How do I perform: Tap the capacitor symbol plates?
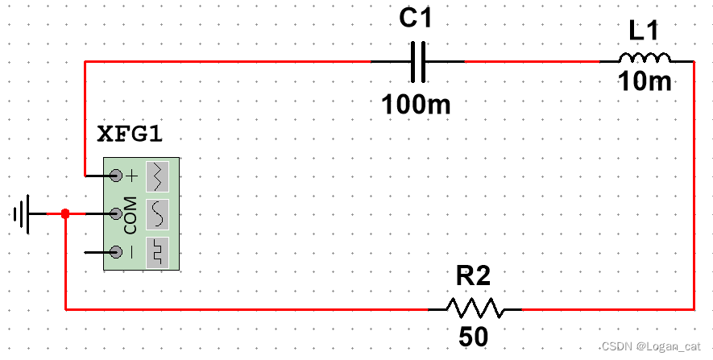417,62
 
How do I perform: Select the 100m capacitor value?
416,104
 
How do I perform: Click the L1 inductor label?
644,31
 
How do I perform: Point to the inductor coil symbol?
645,58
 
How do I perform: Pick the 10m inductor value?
644,82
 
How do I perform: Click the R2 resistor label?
473,277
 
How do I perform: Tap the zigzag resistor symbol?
475,308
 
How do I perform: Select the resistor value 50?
474,337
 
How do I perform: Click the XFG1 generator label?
130,134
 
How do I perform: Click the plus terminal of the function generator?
116,175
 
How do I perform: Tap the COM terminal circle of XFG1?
116,213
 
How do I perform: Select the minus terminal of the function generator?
116,252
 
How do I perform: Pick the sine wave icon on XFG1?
159,213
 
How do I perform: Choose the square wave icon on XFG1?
159,252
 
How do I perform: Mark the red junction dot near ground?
65,214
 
